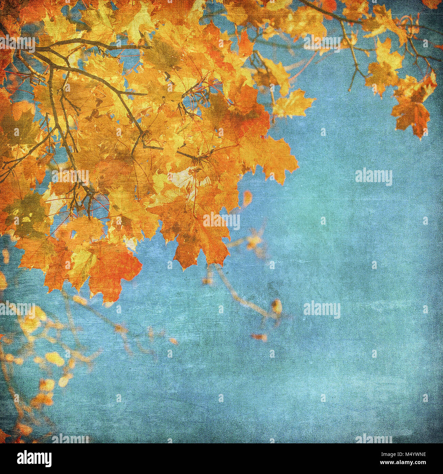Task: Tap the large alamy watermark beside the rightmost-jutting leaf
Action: point(373,177)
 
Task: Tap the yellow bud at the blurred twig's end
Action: point(276,305)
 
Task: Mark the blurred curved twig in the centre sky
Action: point(239,293)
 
